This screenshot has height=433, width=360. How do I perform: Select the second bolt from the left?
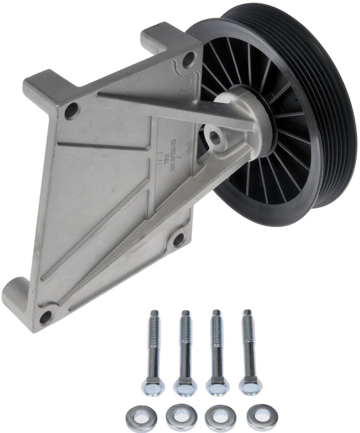click(184, 351)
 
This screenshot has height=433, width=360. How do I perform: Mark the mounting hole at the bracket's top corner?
click(190, 57)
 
